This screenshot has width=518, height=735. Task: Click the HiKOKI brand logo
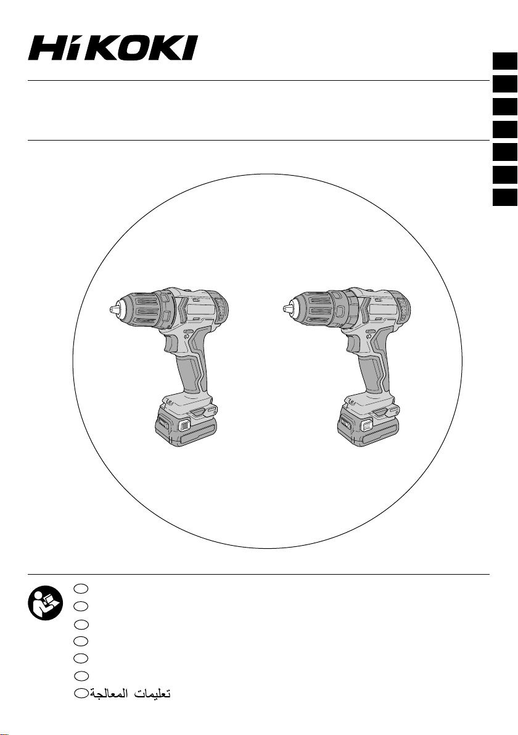tap(112, 48)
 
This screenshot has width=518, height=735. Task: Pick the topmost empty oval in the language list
tap(81, 588)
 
